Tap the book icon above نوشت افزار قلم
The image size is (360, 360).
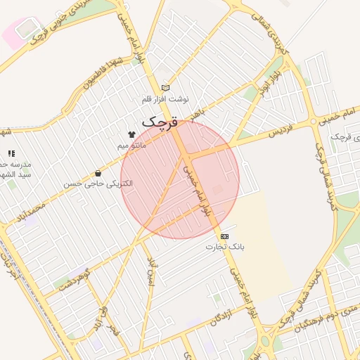tap(166, 88)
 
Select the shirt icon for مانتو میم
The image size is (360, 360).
tap(131, 134)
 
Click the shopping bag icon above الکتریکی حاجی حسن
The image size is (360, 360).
tap(98, 172)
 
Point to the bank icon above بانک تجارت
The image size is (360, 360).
tap(224, 236)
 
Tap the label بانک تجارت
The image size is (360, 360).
tap(224, 247)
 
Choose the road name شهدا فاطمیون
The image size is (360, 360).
tap(98, 79)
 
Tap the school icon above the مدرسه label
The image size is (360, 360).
tap(11, 153)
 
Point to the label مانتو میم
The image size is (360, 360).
tap(132, 145)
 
